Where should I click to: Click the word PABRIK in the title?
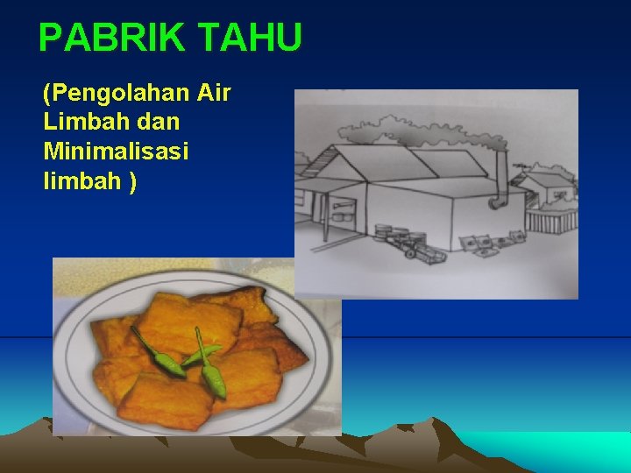[113, 38]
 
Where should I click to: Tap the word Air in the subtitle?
[215, 93]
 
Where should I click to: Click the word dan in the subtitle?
[158, 123]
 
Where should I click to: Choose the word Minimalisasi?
[115, 152]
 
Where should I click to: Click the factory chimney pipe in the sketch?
[502, 180]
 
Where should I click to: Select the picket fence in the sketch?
[554, 219]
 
